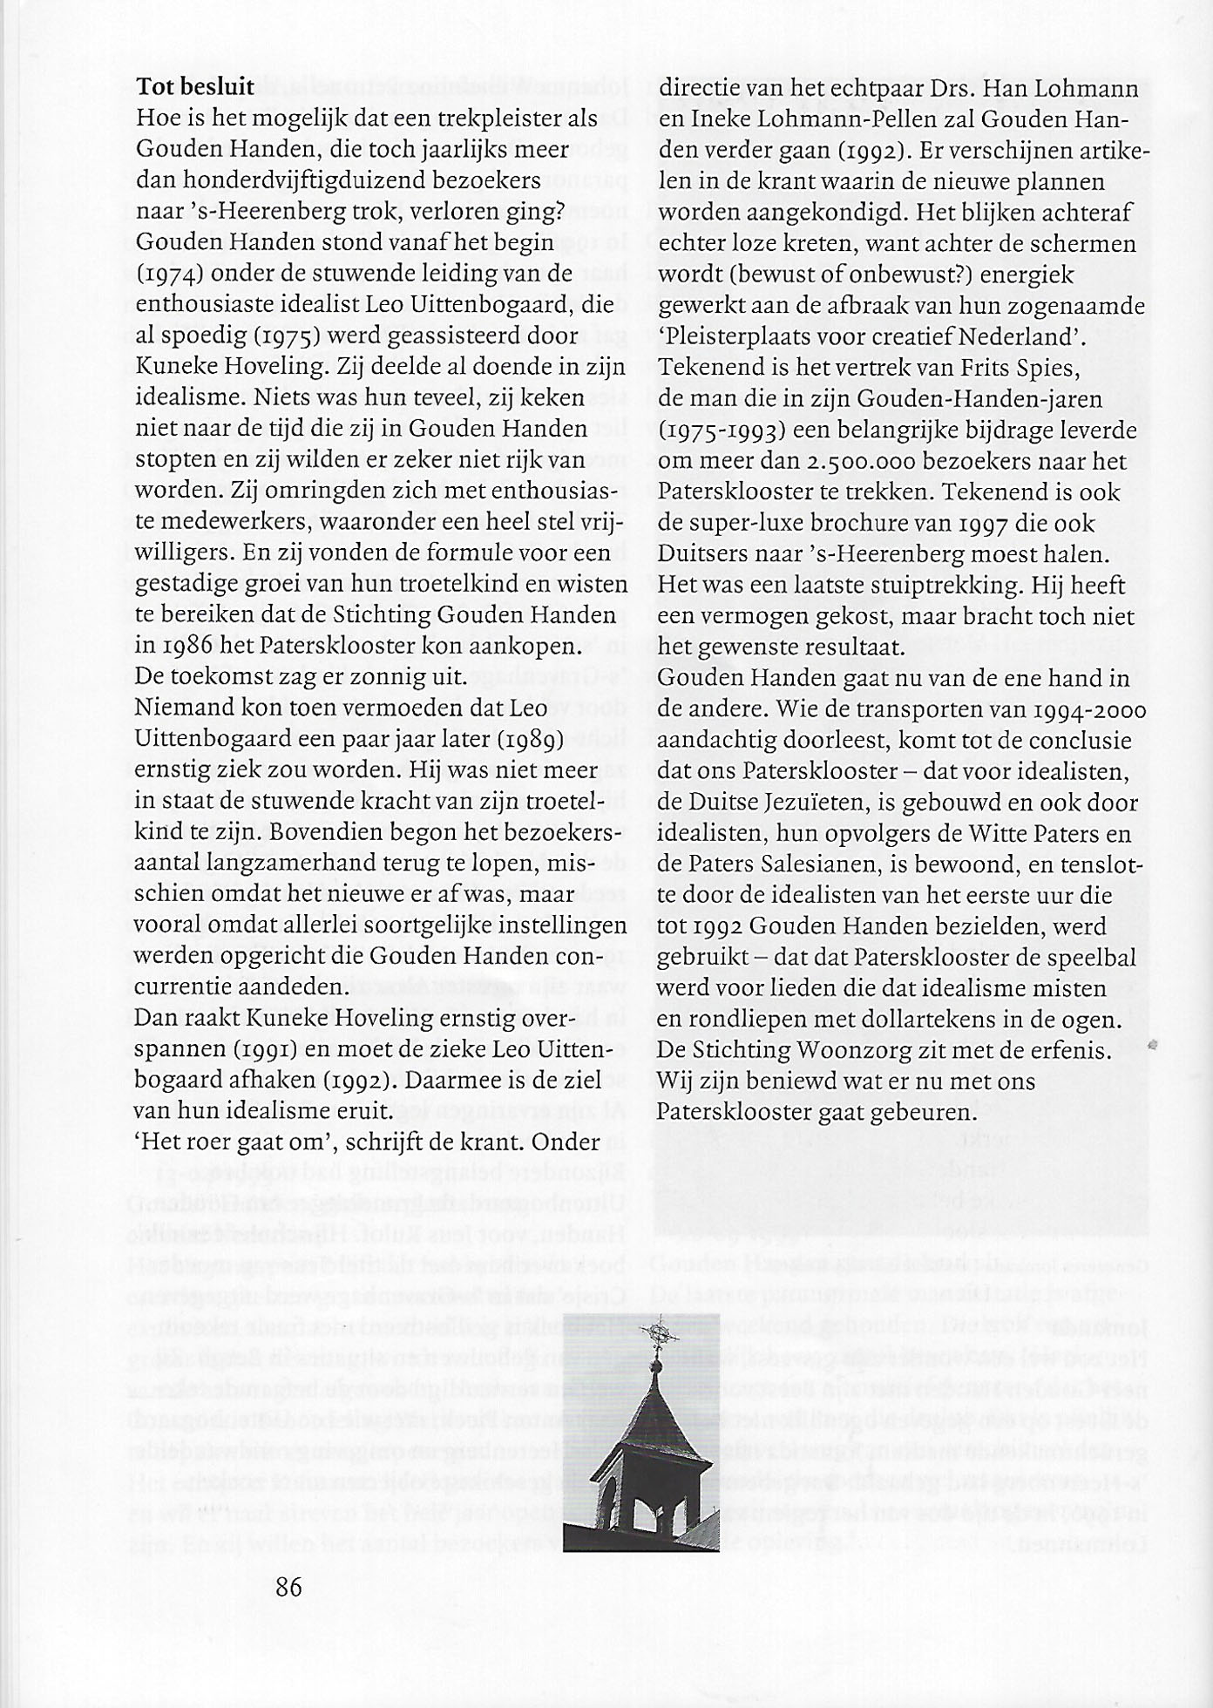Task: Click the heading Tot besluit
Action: coord(194,87)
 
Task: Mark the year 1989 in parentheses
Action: coord(534,739)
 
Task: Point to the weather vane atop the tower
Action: coord(658,1334)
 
